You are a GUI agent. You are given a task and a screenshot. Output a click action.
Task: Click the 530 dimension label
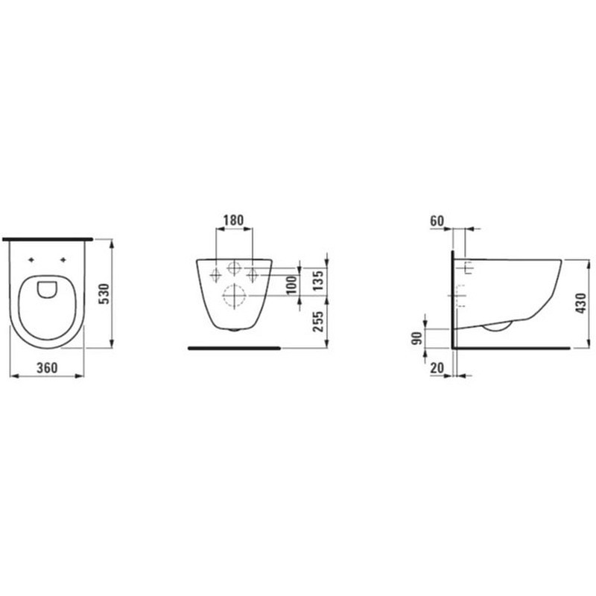[104, 294]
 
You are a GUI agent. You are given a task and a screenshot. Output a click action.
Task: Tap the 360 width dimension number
[47, 367]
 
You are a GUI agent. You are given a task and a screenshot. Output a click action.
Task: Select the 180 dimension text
[233, 220]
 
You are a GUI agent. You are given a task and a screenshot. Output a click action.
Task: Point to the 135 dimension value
[318, 280]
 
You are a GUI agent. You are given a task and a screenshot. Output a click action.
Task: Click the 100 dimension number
[291, 285]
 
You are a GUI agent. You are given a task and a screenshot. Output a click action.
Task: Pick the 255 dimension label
[318, 322]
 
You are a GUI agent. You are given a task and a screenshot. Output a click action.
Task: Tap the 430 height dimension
[580, 303]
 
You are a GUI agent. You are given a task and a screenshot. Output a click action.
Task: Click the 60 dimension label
[437, 221]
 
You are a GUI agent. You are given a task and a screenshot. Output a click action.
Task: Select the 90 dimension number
[417, 338]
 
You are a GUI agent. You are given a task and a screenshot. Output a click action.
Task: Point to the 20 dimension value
[437, 367]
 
